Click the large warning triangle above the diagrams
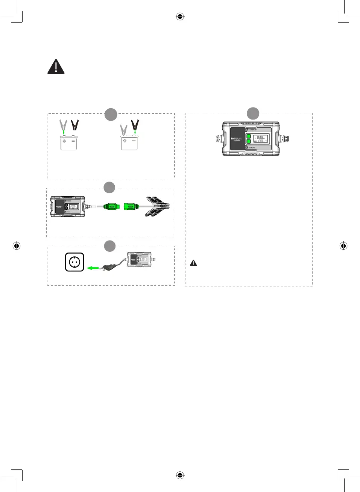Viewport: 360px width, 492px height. coord(56,67)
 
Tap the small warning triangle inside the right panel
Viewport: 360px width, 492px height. coord(193,263)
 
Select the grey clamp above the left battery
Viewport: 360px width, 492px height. coord(63,125)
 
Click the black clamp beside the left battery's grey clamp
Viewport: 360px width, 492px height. coord(75,124)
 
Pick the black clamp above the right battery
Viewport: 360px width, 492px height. coord(135,125)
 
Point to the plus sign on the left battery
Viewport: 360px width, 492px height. coord(64,141)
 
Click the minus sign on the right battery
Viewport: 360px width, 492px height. coord(134,141)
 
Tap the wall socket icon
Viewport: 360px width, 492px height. coord(74,262)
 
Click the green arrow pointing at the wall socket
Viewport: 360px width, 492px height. coord(93,268)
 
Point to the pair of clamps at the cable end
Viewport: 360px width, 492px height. coord(157,206)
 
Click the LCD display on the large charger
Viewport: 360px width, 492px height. coord(260,139)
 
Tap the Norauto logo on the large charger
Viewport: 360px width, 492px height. coord(236,138)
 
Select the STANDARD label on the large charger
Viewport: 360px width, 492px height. coord(252,130)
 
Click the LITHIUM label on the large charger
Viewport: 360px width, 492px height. coord(251,148)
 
